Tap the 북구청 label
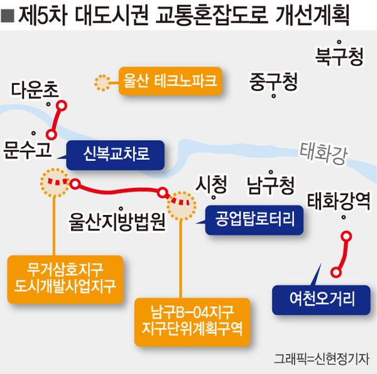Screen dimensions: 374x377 [339, 58]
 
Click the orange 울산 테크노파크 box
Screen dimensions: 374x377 [170, 81]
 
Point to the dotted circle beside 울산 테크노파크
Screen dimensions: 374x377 [101, 82]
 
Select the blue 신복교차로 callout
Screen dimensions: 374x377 [116, 153]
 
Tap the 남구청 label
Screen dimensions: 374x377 [270, 185]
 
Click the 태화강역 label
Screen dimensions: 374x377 [339, 201]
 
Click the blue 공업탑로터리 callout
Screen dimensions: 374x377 [254, 219]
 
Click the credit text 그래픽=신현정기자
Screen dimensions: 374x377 [322, 359]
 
